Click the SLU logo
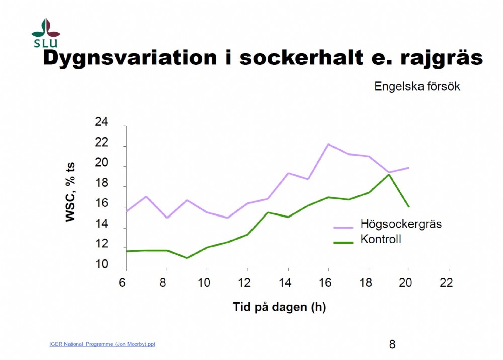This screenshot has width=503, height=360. coord(46,33)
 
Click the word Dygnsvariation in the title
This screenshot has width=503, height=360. coord(130,58)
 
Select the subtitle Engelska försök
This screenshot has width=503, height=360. coord(417,86)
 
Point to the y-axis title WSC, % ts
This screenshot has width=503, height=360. coord(70,192)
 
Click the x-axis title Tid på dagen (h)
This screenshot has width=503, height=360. coord(279,307)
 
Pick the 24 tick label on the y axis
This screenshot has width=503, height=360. coord(102,122)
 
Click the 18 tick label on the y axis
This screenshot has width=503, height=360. coord(102,183)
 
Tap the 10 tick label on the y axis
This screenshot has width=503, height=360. coord(102,264)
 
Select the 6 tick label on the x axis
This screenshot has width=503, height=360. coord(122,283)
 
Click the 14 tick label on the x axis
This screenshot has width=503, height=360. coord(285,283)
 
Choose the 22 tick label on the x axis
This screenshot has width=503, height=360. coord(446,283)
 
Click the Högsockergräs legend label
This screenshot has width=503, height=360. coord(401,224)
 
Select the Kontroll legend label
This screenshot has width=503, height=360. coord(381,239)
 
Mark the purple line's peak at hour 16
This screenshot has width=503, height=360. coord(328,144)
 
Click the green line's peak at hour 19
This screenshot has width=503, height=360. coord(389,175)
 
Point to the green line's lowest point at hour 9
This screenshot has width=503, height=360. coord(187,258)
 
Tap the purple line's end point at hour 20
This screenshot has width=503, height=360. coord(408,168)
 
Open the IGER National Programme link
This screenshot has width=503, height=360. coord(102,344)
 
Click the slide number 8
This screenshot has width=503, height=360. coord(392,344)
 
